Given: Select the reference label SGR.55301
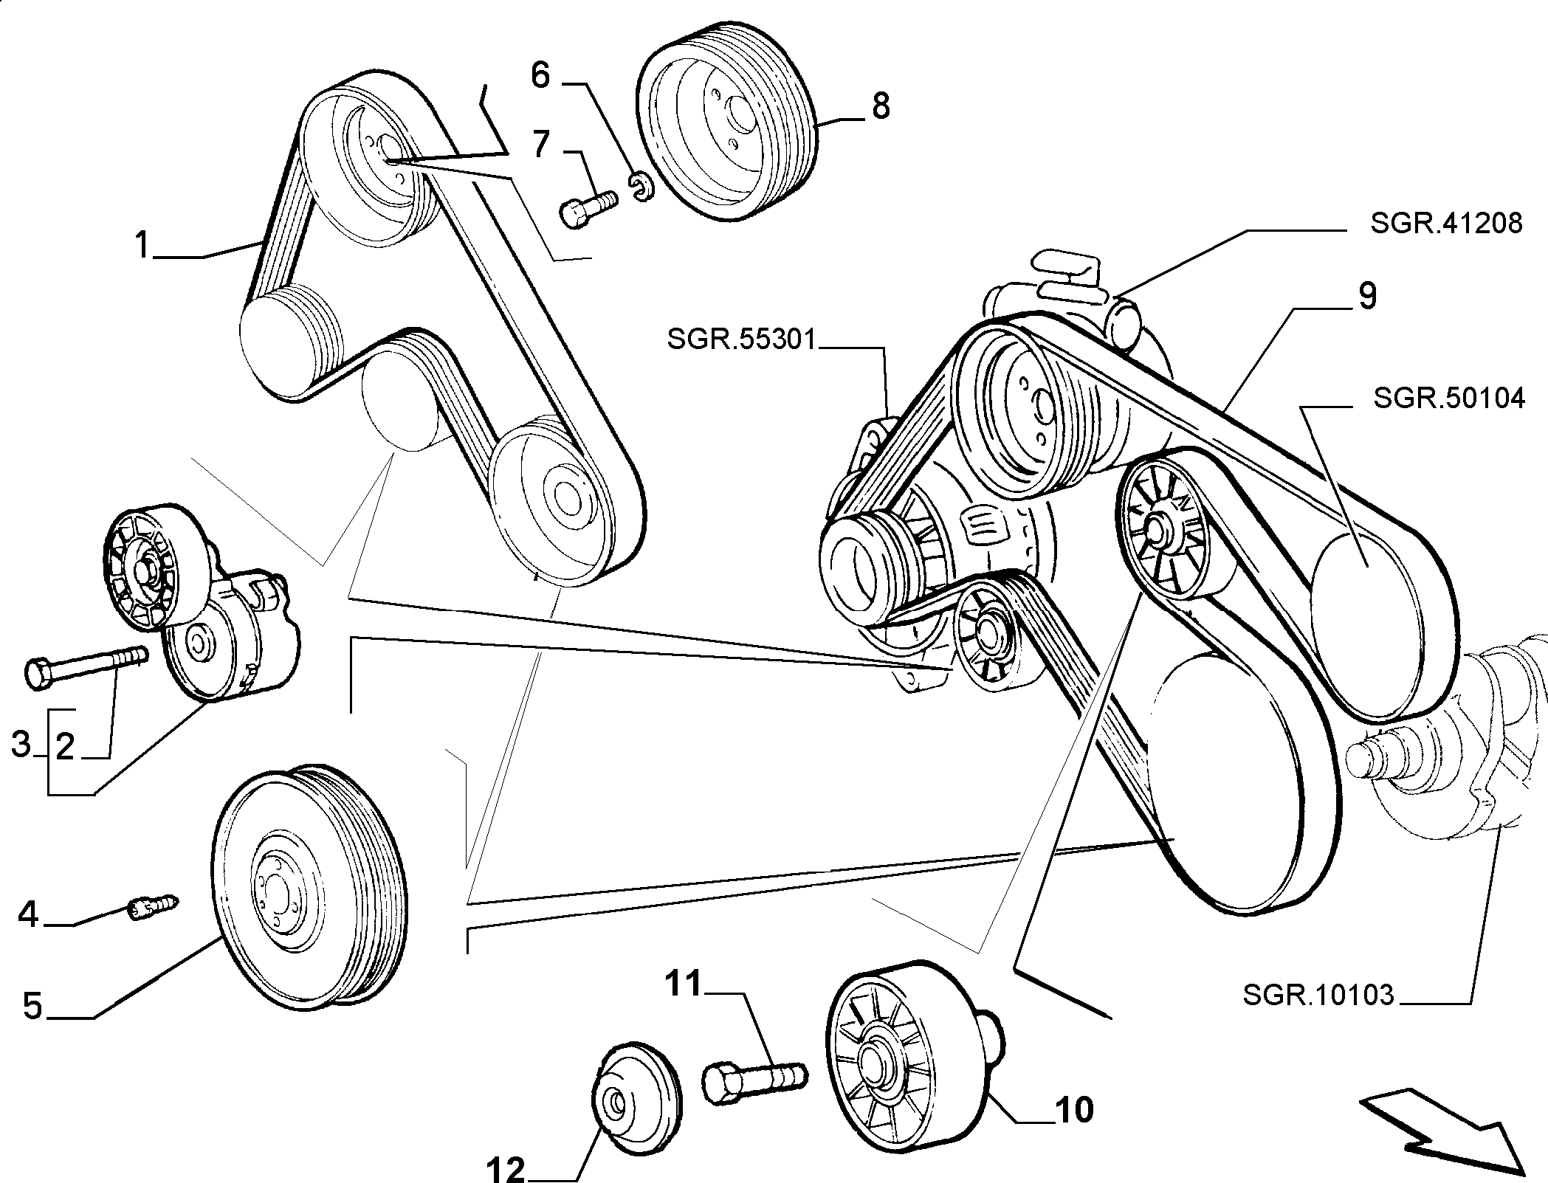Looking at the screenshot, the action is (x=742, y=340).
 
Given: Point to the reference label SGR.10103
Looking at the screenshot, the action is (x=1318, y=996).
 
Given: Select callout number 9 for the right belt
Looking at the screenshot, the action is (x=1368, y=297).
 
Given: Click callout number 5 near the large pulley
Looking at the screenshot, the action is (x=33, y=1005).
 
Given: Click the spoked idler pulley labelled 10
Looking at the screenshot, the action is (x=914, y=1064).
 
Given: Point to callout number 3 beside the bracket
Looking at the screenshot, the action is (x=22, y=744).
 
